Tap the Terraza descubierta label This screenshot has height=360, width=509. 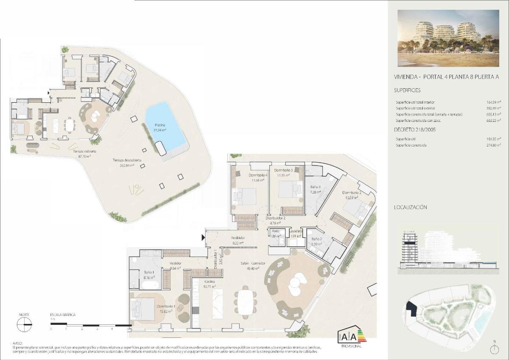tap(127, 160)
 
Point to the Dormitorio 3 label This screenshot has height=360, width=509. tap(285, 170)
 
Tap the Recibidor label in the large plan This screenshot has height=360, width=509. tap(238, 238)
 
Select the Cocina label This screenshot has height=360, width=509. tap(209, 282)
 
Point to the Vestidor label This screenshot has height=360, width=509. tap(176, 263)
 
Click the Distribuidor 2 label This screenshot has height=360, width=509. tap(275, 218)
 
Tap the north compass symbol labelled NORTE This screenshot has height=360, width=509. tap(24, 325)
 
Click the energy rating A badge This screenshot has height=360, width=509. tap(348, 337)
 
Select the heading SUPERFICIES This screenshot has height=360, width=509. tap(407, 90)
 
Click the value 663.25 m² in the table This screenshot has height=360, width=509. tap(493, 121)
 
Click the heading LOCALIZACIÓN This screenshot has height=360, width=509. tap(410, 208)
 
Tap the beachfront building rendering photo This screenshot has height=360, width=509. tap(447, 38)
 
